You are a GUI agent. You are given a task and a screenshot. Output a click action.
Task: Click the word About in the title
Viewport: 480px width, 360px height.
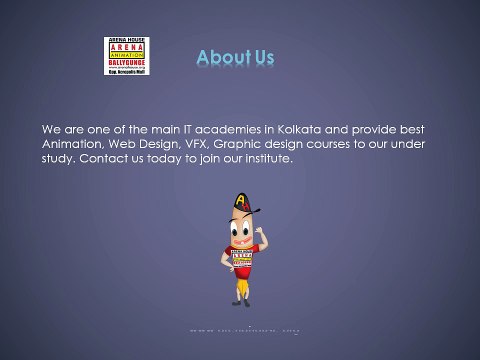[220, 58]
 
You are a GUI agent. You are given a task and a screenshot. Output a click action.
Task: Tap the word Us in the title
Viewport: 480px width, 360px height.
[263, 58]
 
